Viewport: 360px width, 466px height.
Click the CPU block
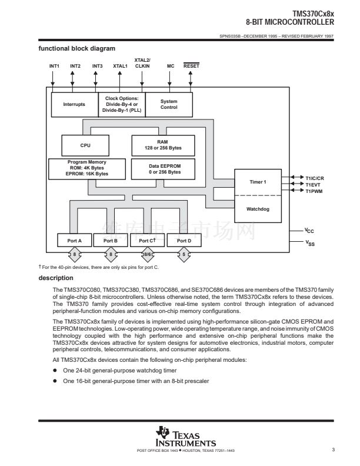(85, 145)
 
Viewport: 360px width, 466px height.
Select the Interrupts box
(75, 104)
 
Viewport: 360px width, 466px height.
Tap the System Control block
(169, 104)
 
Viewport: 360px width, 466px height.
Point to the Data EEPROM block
(163, 169)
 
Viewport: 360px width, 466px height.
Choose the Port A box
(74, 241)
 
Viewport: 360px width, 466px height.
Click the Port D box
(184, 241)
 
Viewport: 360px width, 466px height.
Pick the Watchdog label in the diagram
(258, 209)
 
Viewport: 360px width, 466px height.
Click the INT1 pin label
(54, 66)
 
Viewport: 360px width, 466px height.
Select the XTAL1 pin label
(120, 66)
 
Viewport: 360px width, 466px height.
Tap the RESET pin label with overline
(191, 66)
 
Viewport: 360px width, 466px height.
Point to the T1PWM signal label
(314, 191)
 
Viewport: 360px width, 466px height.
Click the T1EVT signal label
(313, 185)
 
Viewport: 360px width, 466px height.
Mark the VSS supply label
(310, 243)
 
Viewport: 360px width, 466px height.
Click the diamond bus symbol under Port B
(111, 254)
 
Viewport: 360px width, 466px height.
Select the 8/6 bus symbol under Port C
(147, 254)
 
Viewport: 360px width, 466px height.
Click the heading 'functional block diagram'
(77, 48)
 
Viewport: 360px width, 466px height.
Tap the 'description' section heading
(56, 278)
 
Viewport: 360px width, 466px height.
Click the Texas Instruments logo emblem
(162, 432)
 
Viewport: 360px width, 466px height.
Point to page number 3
(334, 450)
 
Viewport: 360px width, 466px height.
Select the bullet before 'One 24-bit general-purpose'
(55, 370)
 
